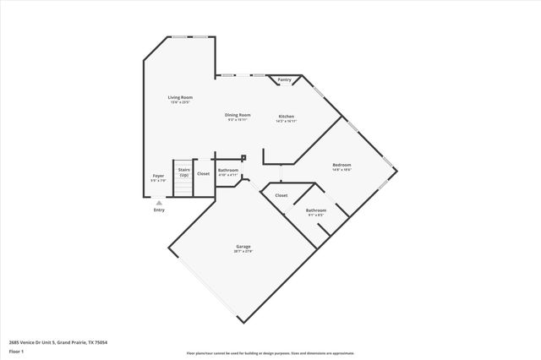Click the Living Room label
click(x=179, y=98)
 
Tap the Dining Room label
click(x=238, y=115)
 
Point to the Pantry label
click(x=285, y=80)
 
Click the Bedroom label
click(x=342, y=165)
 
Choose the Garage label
click(x=243, y=247)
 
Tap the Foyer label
click(x=158, y=175)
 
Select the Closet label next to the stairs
click(x=204, y=174)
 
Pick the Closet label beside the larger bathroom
click(x=281, y=195)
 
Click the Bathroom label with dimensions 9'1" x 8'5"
click(x=316, y=210)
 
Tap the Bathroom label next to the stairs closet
click(x=228, y=171)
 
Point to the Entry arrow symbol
click(x=159, y=203)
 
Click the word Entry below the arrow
click(x=159, y=210)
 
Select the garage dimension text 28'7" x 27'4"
click(x=243, y=252)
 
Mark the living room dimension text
click(x=179, y=103)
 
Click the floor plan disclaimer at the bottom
click(x=270, y=352)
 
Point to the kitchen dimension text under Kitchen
click(x=287, y=121)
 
